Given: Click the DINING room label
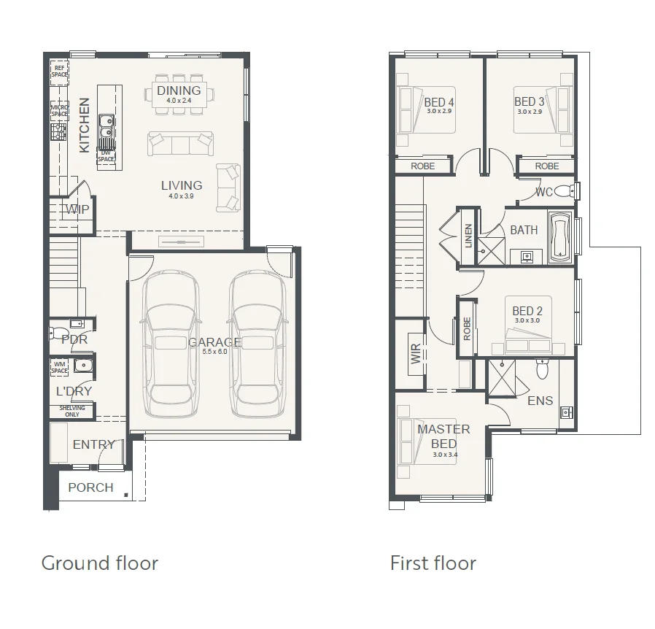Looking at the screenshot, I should pos(178,91).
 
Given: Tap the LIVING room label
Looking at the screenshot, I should pos(181,185).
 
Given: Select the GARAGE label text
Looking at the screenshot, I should pos(214,342).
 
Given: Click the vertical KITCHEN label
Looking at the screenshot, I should pos(85,126).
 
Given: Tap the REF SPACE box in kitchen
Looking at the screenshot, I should pos(59,71).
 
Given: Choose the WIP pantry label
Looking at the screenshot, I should pos(77,210).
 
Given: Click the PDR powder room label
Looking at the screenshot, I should pos(74,339).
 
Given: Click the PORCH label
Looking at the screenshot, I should pos(90,487).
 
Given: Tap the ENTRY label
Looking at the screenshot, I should pos(93,444).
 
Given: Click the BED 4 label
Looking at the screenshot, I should pos(439,102).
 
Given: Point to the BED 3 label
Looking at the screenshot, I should pos(530,102).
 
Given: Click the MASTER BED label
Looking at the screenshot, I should pos(443,436).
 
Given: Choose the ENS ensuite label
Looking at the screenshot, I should pos(540,401).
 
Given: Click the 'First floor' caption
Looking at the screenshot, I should pos(433,563).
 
